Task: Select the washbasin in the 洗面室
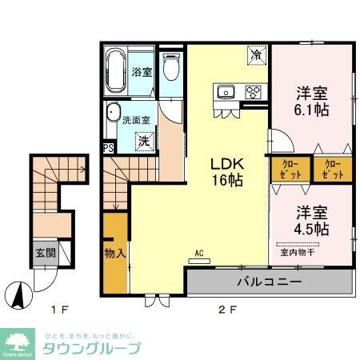click(113, 114)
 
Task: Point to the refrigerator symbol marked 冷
click(257, 55)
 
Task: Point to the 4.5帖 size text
click(310, 230)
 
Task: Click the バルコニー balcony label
click(269, 282)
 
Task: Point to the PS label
click(107, 147)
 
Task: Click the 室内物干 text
click(298, 253)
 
